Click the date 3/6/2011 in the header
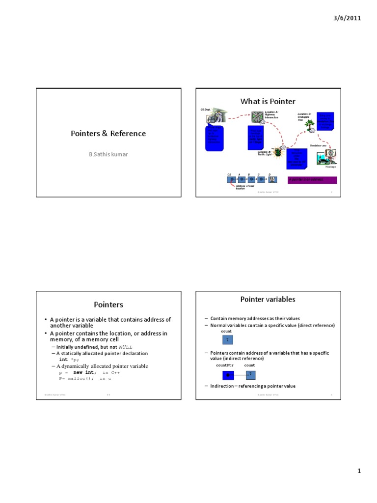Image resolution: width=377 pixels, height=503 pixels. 347,18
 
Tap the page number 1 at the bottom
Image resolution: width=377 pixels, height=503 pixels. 359,472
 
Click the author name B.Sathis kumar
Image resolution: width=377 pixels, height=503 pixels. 108,154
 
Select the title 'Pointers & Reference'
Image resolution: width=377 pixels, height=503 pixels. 108,134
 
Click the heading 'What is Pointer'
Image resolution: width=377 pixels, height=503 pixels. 268,101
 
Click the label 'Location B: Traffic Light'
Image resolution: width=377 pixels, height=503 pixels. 266,154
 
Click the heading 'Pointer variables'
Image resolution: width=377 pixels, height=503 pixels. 268,299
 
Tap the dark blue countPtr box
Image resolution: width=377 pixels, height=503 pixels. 228,375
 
